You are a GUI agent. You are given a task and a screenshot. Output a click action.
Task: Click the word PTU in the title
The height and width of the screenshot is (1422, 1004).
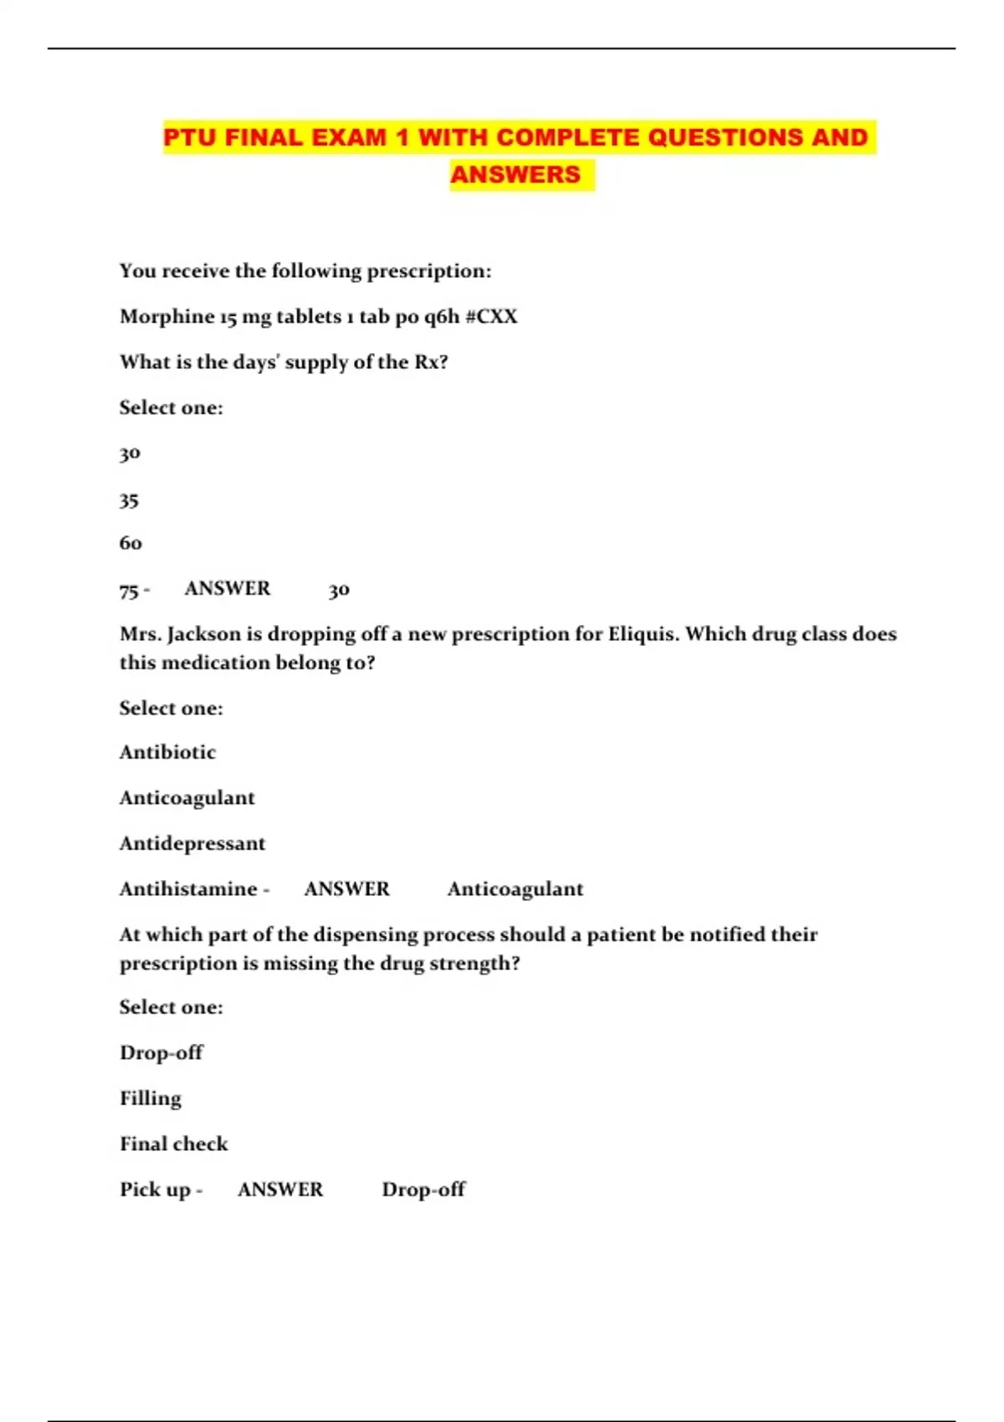point(190,137)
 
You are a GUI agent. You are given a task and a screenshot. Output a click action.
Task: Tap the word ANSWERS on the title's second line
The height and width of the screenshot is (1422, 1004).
point(515,175)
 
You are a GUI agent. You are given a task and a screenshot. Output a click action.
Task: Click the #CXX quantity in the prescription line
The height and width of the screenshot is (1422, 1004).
point(491,317)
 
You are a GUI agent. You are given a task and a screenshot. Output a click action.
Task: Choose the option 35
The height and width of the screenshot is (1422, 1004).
point(129,500)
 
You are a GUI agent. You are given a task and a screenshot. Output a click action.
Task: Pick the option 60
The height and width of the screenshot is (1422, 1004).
point(131,543)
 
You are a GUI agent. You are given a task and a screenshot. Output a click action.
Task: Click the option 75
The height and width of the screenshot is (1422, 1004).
point(129,591)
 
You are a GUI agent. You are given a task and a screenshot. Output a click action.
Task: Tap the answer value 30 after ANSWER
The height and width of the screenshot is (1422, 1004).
point(339,590)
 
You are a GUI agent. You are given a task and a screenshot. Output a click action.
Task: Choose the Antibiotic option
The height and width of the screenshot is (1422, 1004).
point(167,752)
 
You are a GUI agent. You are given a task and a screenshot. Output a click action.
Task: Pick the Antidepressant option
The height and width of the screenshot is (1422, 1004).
point(192,843)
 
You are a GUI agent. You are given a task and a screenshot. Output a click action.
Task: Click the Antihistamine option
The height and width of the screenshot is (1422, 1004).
point(188,888)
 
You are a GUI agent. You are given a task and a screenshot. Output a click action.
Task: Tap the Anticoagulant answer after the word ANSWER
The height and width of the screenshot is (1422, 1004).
point(515,889)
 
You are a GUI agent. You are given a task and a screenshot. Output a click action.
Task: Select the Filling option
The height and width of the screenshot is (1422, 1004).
point(151,1098)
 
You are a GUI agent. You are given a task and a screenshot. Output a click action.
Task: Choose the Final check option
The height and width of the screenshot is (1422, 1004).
point(174,1143)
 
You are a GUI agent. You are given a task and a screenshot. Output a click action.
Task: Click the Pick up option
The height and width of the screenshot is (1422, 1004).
point(155,1189)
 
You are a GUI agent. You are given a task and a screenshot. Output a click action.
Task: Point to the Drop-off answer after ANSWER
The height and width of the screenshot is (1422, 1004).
point(423,1189)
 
